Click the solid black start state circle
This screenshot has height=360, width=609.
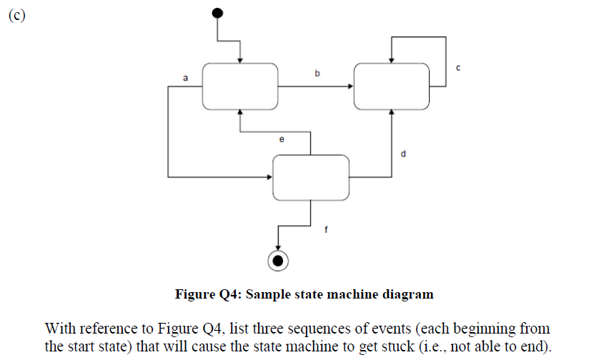[217, 12]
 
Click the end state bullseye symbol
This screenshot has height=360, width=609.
[278, 261]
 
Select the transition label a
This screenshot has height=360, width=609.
[185, 77]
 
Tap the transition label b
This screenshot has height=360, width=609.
[317, 73]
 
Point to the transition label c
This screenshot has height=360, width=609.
[457, 68]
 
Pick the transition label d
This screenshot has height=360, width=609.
[404, 153]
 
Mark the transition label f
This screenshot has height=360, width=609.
[327, 231]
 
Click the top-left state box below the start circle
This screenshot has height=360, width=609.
[240, 86]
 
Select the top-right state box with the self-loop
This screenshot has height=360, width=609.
[392, 86]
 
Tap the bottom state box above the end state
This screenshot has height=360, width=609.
[311, 176]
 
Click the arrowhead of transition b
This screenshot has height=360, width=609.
[350, 86]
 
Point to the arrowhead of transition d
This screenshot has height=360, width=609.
[392, 113]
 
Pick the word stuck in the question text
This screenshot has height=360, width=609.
[370, 347]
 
